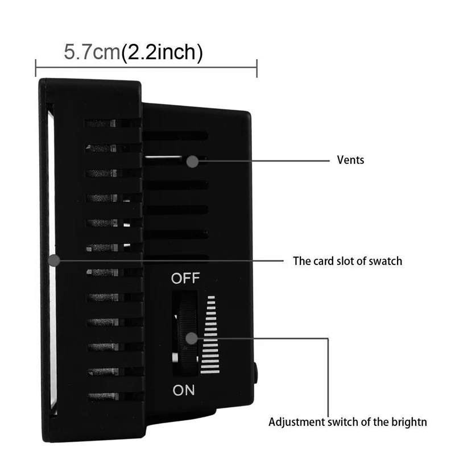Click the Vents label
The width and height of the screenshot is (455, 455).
click(x=350, y=160)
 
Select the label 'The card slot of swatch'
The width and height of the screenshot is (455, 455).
click(x=347, y=261)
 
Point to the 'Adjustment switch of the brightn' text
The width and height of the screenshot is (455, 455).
click(x=348, y=422)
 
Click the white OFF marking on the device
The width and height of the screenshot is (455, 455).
click(x=185, y=279)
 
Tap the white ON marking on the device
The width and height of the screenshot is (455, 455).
click(x=183, y=390)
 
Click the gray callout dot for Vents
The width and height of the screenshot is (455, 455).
click(x=192, y=161)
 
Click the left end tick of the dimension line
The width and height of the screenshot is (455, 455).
click(x=36, y=68)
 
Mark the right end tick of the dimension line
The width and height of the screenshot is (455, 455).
click(x=258, y=68)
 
